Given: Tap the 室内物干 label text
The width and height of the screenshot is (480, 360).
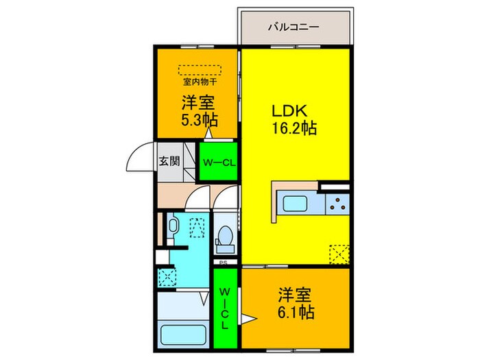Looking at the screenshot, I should click(x=200, y=83).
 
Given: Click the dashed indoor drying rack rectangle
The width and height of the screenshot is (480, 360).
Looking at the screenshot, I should click(x=200, y=69).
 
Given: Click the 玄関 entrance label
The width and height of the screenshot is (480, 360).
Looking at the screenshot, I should click(x=169, y=161).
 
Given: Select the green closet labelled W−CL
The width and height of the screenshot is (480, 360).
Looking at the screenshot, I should click(x=218, y=163).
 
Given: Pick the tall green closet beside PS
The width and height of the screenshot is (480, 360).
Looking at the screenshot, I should click(x=224, y=308).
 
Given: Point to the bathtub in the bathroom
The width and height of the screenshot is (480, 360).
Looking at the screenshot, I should click(x=183, y=337).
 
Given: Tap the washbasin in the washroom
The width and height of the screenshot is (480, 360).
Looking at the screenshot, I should click(x=173, y=226).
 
